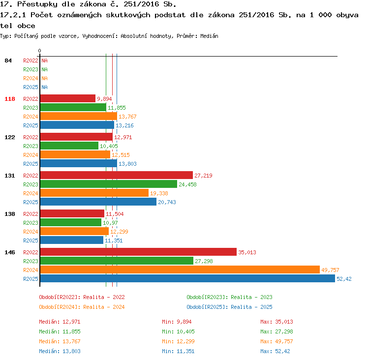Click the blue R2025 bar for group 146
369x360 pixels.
click(x=187, y=278)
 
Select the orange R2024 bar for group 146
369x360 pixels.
click(x=180, y=270)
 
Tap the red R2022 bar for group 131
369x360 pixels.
click(x=117, y=175)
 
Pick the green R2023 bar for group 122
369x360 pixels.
click(x=69, y=146)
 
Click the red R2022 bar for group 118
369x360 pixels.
click(x=68, y=98)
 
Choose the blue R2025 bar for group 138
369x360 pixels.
click(x=72, y=240)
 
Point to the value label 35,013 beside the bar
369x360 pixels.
click(x=247, y=252)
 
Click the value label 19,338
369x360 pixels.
click(x=159, y=193)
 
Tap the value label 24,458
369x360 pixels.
click(x=187, y=184)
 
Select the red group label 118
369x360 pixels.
click(x=10, y=99)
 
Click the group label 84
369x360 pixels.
click(x=8, y=60)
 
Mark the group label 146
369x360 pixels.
click(x=10, y=252)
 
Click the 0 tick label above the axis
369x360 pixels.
click(x=39, y=51)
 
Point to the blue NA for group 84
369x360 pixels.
click(x=44, y=87)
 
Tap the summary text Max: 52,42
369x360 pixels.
click(x=275, y=351)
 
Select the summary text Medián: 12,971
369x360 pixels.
click(x=60, y=322)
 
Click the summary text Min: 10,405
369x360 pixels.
click(x=178, y=331)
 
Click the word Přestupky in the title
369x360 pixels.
click(x=37, y=4)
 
